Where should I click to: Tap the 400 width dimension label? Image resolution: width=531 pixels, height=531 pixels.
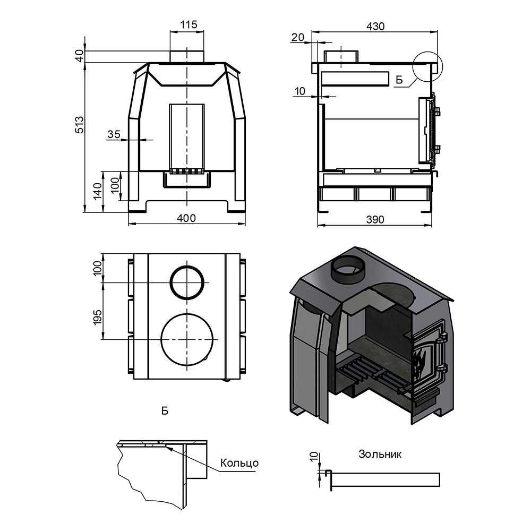[186, 218]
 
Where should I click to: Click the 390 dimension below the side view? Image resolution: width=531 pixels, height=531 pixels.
[375, 219]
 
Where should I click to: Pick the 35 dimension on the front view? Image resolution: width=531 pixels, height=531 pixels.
[114, 134]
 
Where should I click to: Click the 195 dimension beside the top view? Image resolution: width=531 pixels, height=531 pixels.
[97, 316]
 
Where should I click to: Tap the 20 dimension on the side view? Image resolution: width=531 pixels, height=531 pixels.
[298, 37]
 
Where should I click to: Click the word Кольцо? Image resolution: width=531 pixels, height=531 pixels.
[239, 463]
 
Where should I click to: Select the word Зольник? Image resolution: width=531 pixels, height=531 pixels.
[380, 454]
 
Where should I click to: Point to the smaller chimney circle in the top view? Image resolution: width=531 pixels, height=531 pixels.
[187, 281]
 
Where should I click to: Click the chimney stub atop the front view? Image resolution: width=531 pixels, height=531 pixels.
[186, 56]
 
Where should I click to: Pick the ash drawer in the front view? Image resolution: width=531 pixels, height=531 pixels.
[186, 181]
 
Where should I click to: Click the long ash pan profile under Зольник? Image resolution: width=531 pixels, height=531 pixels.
[385, 479]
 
